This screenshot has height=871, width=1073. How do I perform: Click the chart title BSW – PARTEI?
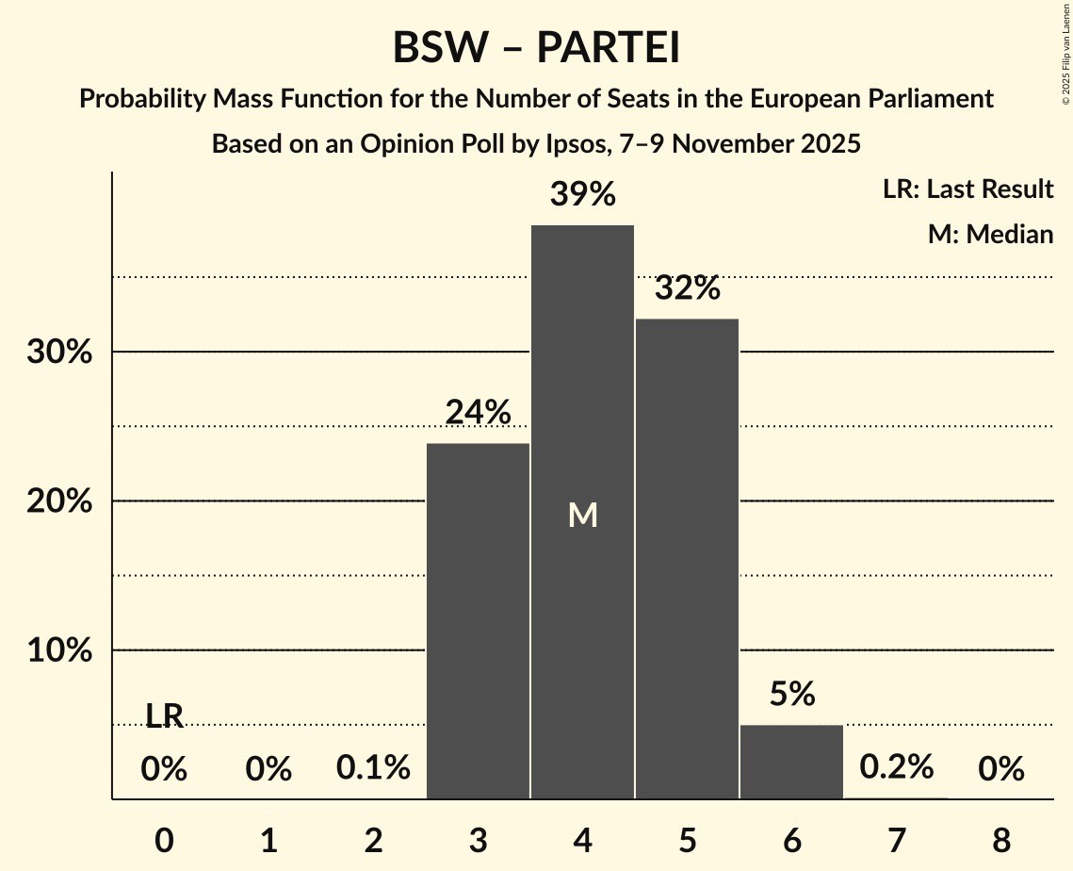tap(536, 48)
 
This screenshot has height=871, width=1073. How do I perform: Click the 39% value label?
tap(583, 195)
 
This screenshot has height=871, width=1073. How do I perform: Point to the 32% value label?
tap(688, 288)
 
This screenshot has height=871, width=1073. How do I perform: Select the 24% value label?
tap(479, 412)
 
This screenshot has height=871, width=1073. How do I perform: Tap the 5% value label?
tap(791, 695)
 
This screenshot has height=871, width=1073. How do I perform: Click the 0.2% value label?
tap(896, 767)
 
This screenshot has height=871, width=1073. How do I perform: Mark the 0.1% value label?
tap(373, 768)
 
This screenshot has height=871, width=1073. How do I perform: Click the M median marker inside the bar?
tap(583, 515)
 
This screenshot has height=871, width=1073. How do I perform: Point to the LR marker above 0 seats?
tap(164, 716)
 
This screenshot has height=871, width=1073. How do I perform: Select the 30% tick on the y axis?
tap(58, 353)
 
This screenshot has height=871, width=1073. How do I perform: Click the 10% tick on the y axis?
tap(58, 651)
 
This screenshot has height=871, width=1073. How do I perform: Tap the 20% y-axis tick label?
tap(58, 501)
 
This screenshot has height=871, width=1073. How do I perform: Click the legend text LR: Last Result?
tap(967, 189)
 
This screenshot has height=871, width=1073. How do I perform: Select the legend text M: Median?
tap(990, 234)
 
